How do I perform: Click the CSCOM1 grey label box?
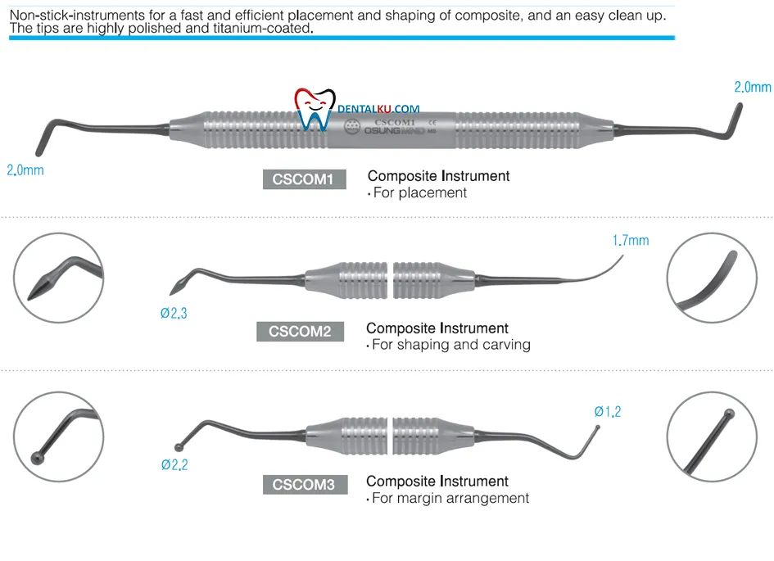tap(304, 179)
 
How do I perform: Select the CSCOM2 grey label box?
tap(300, 332)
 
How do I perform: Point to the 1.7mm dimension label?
tap(630, 241)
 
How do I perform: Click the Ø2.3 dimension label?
tap(174, 312)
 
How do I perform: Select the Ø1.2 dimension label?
tap(607, 412)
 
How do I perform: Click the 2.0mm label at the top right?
tap(752, 87)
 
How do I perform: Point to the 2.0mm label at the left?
tap(25, 171)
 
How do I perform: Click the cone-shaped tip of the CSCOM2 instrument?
tap(176, 287)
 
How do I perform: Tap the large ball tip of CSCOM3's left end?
tap(179, 447)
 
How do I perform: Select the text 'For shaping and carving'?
tap(451, 345)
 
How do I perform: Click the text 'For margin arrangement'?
tap(450, 498)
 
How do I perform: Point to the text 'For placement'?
tap(419, 192)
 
